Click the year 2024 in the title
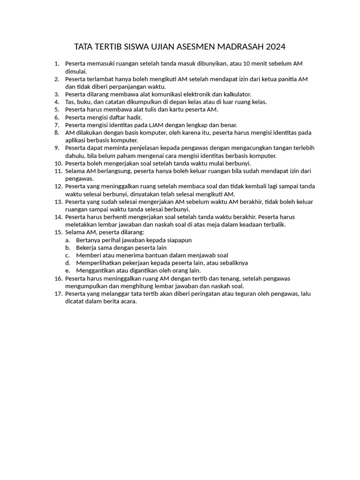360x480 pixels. pyautogui.click(x=276, y=47)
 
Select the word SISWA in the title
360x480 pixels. pyautogui.click(x=133, y=47)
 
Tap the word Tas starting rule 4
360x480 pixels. pyautogui.click(x=70, y=102)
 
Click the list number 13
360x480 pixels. pyautogui.click(x=58, y=202)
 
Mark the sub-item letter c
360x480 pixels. pyautogui.click(x=67, y=255)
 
